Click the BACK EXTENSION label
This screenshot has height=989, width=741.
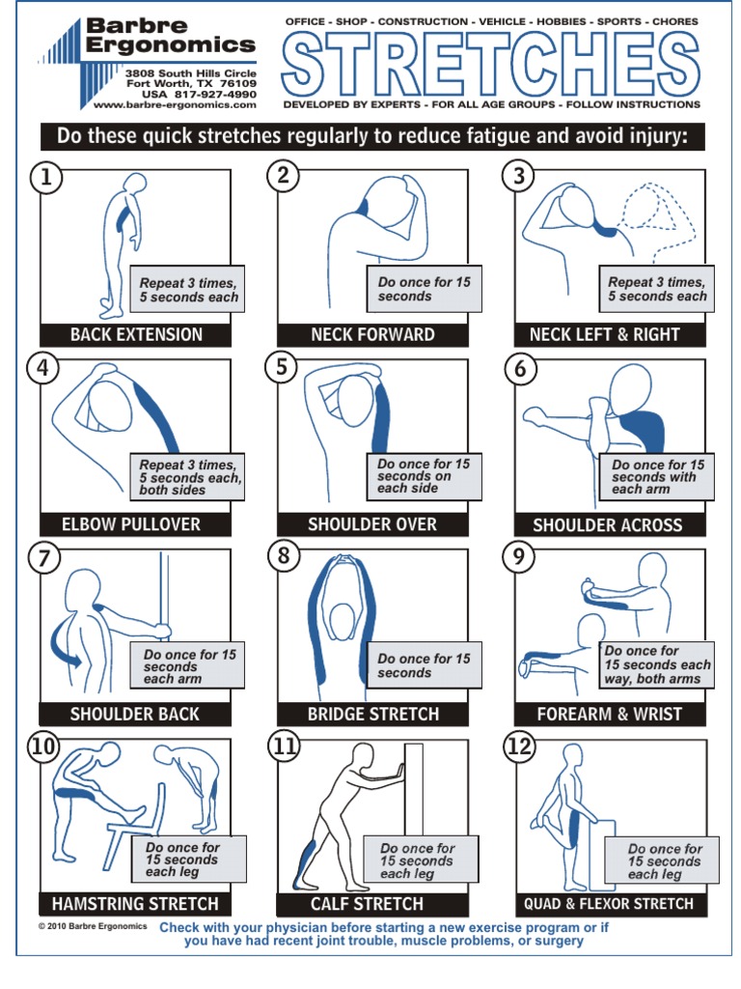pos(136,335)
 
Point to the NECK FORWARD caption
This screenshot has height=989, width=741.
pos(372,335)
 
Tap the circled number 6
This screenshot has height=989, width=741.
pos(520,368)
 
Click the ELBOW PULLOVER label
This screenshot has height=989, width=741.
pos(135,524)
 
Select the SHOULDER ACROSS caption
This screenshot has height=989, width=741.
pos(608,525)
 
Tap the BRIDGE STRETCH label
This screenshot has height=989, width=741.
pos(372,715)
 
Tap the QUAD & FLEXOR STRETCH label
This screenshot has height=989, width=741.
pos(608,904)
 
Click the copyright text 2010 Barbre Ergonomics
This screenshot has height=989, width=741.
pos(93,925)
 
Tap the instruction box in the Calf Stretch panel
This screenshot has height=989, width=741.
pos(417,860)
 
